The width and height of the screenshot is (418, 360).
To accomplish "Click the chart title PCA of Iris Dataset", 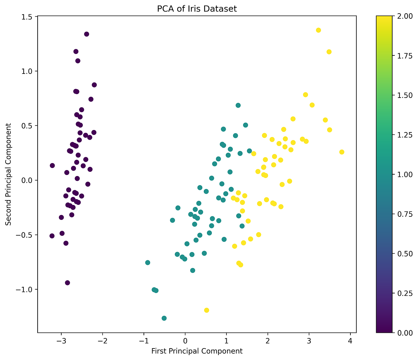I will click(x=197, y=9).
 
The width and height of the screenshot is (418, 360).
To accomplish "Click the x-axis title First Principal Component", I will click(x=197, y=351).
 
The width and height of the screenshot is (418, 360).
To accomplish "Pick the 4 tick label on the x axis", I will click(x=350, y=340).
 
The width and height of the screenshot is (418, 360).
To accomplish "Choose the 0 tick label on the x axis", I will click(x=185, y=340).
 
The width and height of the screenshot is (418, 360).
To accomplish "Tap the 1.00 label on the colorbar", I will click(x=405, y=174).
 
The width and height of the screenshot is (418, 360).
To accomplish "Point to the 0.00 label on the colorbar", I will click(x=405, y=333).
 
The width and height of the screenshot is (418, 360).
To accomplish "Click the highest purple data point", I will click(x=86, y=34).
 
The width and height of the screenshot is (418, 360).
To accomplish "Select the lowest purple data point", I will click(x=68, y=283).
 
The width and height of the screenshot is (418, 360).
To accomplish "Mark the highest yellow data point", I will click(x=318, y=30).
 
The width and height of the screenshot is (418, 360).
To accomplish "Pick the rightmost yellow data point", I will click(x=342, y=152).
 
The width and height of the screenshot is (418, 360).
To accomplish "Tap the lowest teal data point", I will click(x=164, y=318).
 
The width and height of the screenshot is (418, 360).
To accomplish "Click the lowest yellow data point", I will click(x=207, y=310).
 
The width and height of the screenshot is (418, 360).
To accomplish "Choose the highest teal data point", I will click(x=238, y=105).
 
